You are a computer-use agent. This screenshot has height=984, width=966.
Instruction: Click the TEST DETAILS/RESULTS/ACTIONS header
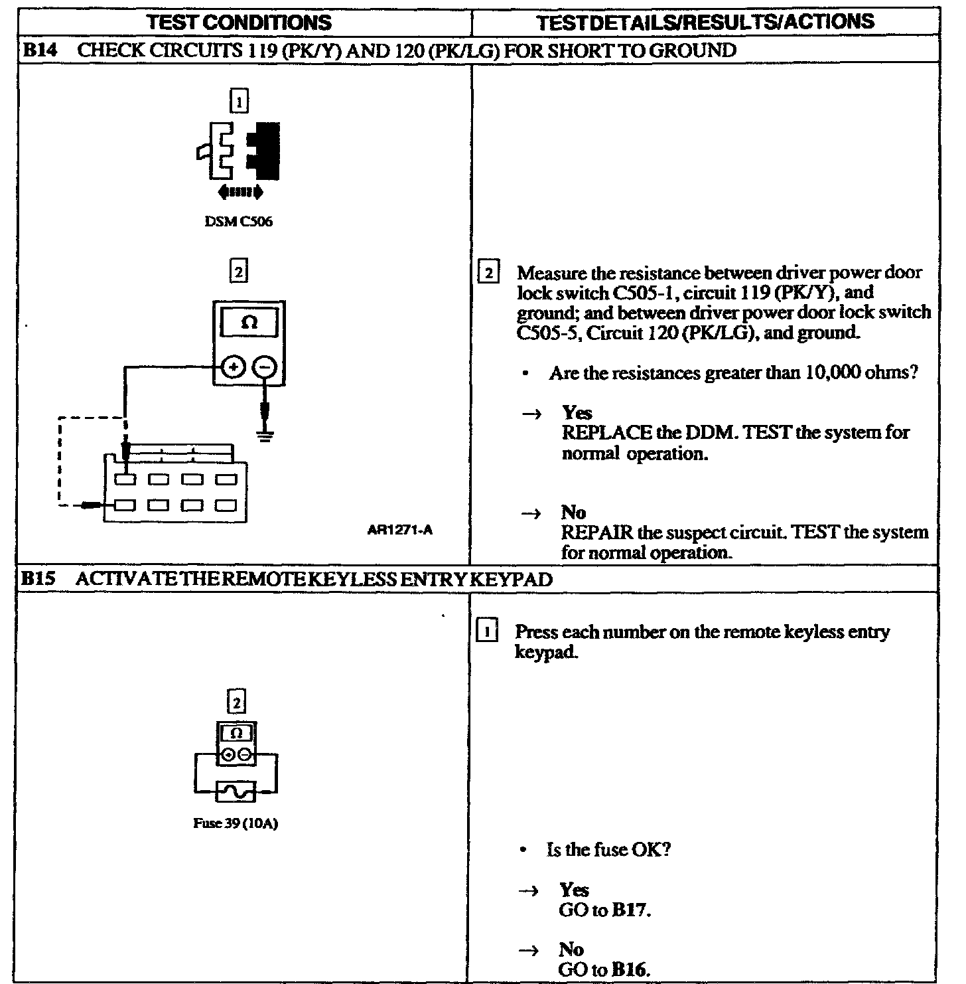click(x=705, y=22)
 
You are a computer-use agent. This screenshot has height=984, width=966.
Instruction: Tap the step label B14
click(x=37, y=50)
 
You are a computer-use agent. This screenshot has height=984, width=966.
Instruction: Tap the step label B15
click(x=37, y=580)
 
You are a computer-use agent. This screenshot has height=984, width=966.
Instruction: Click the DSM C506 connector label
click(x=239, y=222)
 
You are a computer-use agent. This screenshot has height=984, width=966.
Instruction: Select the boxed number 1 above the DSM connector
click(x=239, y=102)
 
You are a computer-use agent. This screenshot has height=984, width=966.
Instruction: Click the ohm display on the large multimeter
click(x=249, y=323)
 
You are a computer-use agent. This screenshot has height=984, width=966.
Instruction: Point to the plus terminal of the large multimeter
click(x=234, y=367)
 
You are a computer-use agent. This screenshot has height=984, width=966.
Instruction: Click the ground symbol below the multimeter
click(x=265, y=436)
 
